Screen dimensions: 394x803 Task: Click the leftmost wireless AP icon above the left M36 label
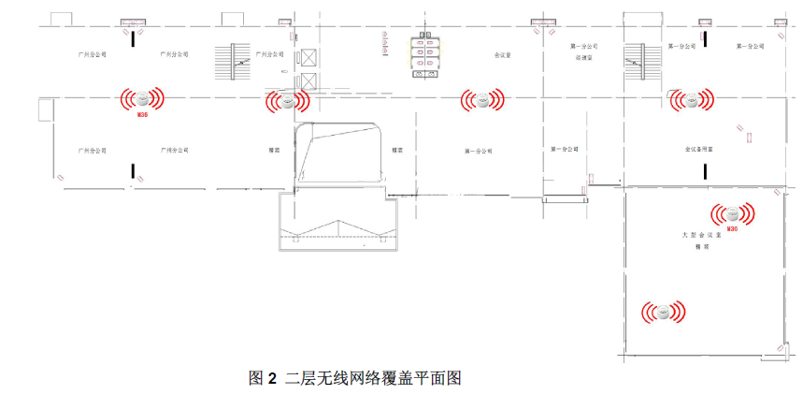point(141,98)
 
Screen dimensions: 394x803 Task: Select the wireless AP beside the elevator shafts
point(288,99)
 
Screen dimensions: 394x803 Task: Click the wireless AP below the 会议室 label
point(482,98)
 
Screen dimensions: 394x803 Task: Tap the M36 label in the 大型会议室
point(732,227)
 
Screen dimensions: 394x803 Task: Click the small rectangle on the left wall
point(43,110)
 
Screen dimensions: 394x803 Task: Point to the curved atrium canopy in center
point(342,154)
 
